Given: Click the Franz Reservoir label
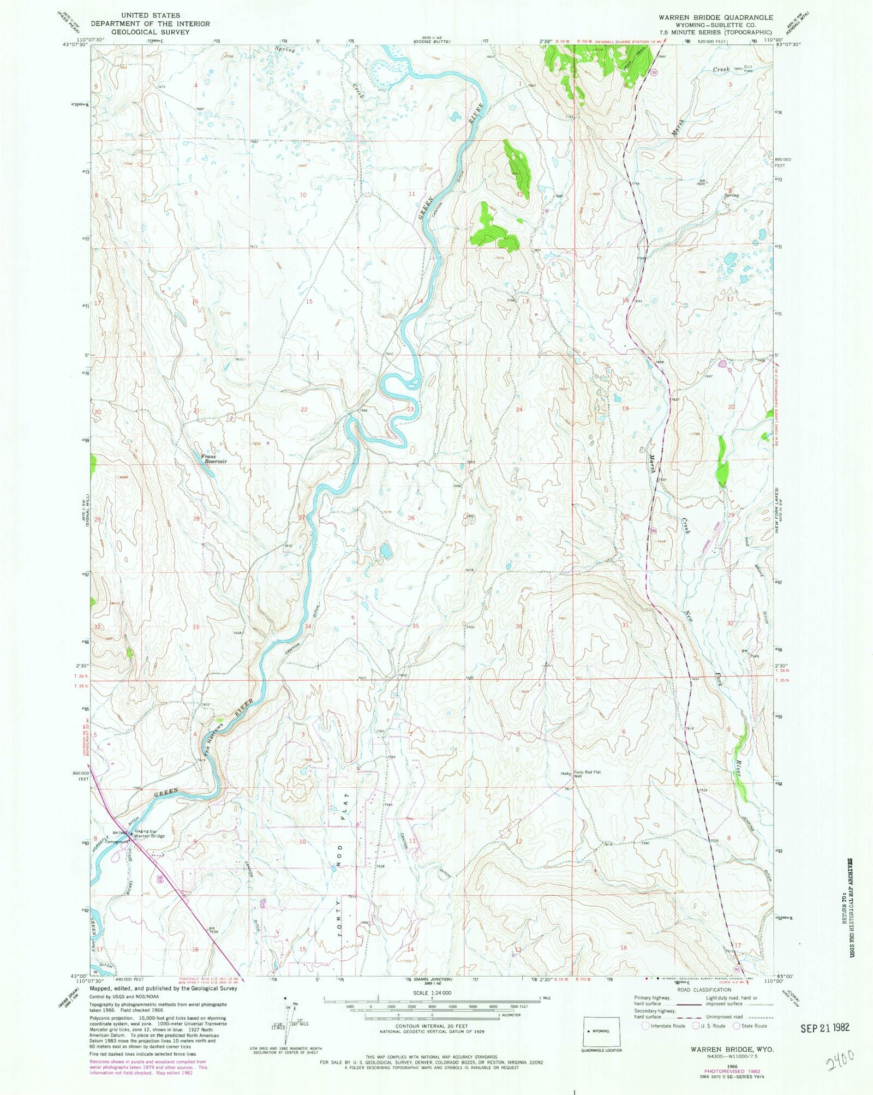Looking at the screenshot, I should click(213, 459).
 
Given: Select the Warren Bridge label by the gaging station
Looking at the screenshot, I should click(150, 836).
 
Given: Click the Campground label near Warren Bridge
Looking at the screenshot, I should click(116, 841).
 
